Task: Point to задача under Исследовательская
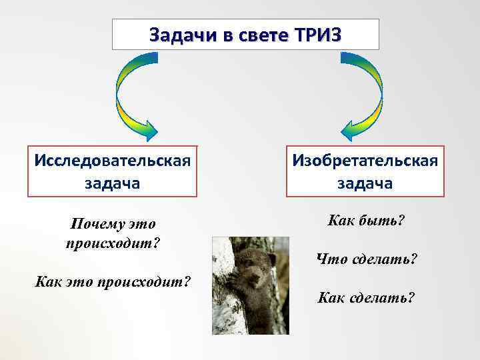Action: click(x=112, y=183)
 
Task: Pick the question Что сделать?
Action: click(x=367, y=259)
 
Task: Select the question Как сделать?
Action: click(x=366, y=296)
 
